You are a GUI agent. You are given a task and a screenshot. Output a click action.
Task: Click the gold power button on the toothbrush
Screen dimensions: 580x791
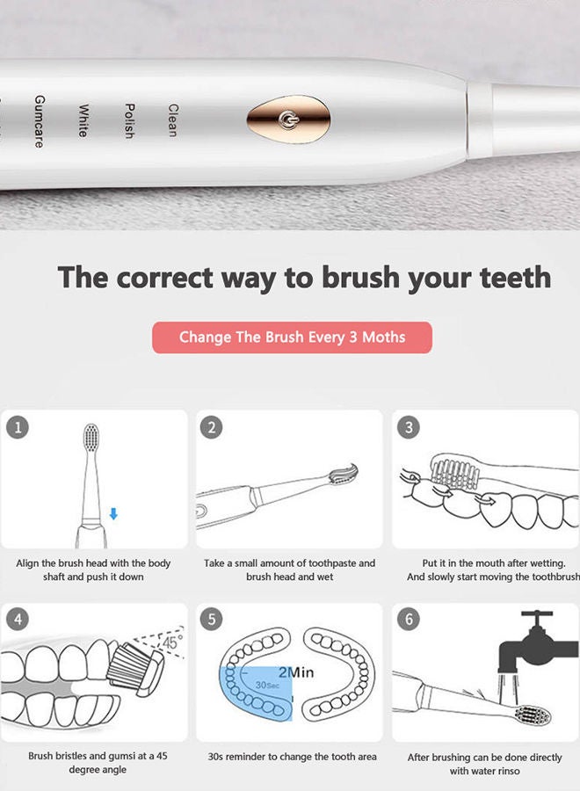coord(288,120)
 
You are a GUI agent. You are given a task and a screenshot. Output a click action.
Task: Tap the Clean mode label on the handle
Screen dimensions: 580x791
coord(173,120)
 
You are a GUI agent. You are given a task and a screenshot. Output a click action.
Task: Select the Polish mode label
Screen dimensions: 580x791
coord(129,121)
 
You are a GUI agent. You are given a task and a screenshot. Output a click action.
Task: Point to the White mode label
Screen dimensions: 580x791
coord(83,120)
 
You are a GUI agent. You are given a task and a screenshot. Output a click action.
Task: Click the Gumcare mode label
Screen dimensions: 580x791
coord(40,121)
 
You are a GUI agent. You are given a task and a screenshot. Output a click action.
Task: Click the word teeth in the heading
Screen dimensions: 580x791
coord(516,277)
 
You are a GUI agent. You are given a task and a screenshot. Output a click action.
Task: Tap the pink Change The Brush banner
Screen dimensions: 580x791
coord(292,337)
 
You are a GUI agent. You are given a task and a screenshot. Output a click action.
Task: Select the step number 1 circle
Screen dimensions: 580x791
coord(18,428)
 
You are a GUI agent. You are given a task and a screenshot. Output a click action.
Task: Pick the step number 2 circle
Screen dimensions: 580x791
coord(211,428)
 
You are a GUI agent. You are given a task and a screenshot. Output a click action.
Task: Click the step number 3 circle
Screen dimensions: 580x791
coord(409,428)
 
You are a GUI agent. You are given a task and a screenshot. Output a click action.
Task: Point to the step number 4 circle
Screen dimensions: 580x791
coord(18,619)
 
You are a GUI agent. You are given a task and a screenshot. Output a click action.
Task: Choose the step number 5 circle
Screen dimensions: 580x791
coord(211,619)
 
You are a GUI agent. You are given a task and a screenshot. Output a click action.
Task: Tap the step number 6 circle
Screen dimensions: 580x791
coord(409,619)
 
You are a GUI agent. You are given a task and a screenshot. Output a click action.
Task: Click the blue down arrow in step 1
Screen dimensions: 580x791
coord(113,514)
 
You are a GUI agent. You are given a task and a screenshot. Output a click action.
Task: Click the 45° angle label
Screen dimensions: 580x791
coord(173,642)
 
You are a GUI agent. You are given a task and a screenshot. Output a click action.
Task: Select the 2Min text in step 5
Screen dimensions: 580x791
coord(296,672)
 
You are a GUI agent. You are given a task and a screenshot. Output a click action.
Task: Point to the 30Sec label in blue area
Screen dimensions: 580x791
coord(267,685)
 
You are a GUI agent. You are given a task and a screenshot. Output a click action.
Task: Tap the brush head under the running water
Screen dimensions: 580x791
coord(533,715)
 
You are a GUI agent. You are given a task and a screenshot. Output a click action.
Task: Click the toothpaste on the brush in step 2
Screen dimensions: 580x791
coord(344,472)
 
